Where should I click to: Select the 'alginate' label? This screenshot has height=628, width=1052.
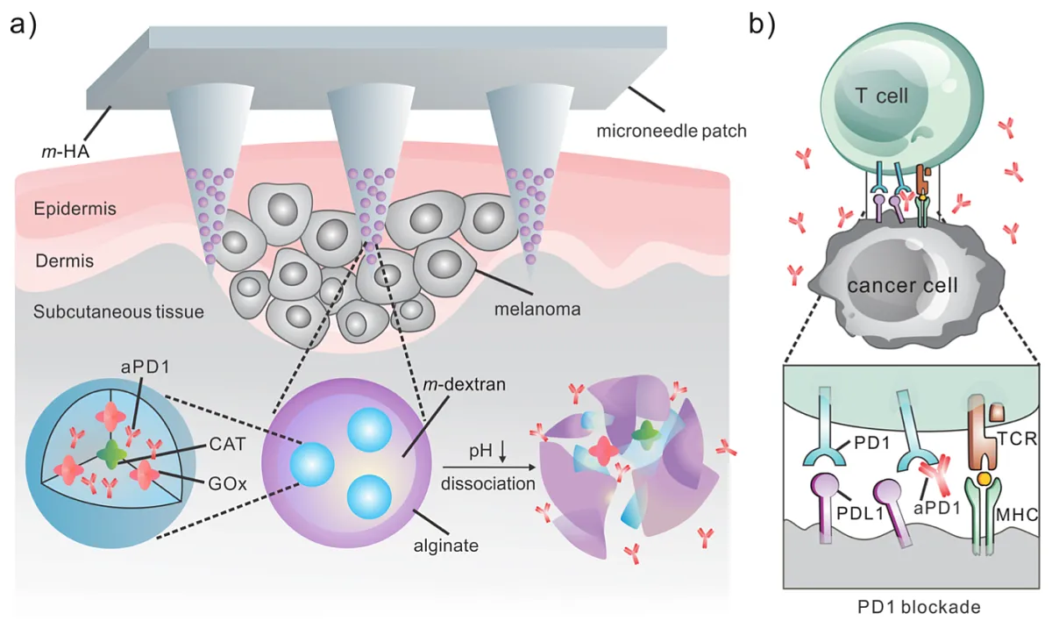click(445, 546)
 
